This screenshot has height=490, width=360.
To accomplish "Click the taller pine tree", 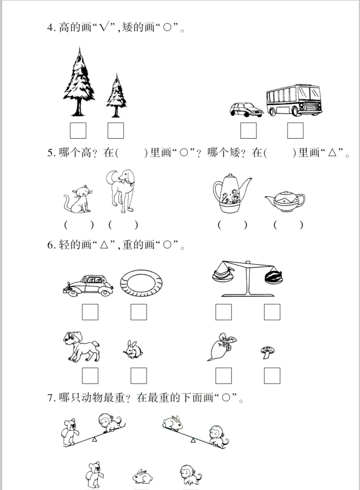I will click(x=78, y=81).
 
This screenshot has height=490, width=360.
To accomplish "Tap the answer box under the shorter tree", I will click(x=115, y=130).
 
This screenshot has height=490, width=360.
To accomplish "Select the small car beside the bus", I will click(x=246, y=109).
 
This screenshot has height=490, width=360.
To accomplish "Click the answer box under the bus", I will click(x=295, y=130).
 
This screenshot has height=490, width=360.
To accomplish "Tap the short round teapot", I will click(x=284, y=202).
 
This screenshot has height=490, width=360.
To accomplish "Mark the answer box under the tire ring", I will click(x=139, y=312).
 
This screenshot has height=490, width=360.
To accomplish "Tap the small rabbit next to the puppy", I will click(x=133, y=350).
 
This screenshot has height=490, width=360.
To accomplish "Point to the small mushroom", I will click(x=268, y=351).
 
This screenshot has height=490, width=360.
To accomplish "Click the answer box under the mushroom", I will click(x=272, y=376).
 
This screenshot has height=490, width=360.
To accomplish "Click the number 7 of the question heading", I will click(x=50, y=398).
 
